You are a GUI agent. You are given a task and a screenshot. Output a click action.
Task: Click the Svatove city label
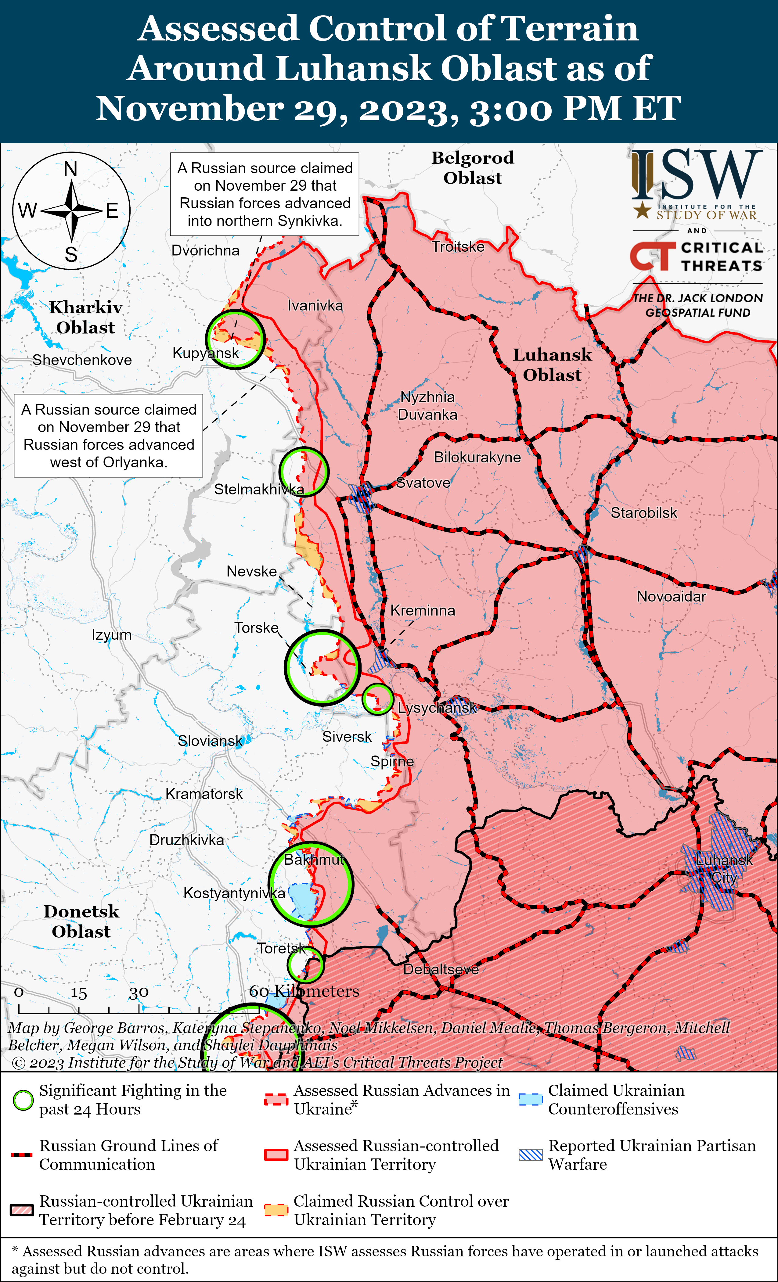coord(423,483)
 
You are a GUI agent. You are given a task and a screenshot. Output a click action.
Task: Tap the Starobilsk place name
coord(644,513)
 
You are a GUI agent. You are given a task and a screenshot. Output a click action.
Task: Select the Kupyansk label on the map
coord(206,353)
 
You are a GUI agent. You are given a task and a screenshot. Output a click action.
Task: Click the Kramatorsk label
coord(204,794)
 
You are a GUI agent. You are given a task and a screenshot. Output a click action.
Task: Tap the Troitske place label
coord(458,247)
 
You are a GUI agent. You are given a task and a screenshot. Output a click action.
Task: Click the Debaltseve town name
coord(441,969)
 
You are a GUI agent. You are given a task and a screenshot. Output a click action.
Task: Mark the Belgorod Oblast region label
coord(473,167)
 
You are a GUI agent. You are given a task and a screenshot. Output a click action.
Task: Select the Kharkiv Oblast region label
coord(86,318)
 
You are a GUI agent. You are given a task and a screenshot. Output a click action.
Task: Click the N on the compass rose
coord(71,169)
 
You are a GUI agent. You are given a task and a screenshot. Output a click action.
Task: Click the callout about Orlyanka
coord(109,436)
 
